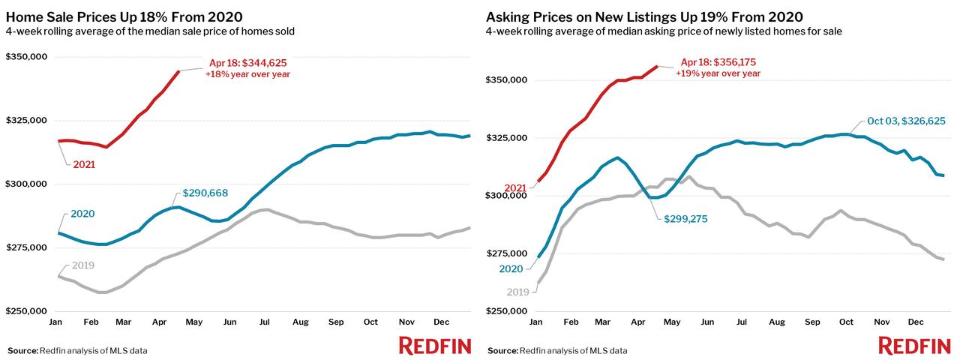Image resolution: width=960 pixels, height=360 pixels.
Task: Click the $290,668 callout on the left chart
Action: coord(205,193)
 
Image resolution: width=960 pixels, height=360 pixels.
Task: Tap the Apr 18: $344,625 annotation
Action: coord(247,63)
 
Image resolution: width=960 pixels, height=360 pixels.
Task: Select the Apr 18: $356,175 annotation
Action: coord(718,62)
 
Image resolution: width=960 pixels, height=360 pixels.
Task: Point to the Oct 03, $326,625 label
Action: coord(906,121)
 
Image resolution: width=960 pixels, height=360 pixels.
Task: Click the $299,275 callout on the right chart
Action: coord(685,219)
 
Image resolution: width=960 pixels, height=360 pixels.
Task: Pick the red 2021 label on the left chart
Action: coord(84,164)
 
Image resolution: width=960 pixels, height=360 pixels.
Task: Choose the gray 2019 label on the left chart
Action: coord(82,265)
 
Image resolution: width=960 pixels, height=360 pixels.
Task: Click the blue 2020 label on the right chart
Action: coord(511,268)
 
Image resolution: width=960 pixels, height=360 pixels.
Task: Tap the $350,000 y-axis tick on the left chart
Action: coord(26,56)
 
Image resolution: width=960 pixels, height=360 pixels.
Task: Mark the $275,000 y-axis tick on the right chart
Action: coord(506,253)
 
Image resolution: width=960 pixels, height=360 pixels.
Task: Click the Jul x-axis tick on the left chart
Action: coord(265,322)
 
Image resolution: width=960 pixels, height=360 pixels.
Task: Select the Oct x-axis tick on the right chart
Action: coord(846,322)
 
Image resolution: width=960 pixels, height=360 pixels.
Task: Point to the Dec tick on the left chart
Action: coord(442,322)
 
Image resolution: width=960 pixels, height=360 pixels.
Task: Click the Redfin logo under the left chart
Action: coord(435,346)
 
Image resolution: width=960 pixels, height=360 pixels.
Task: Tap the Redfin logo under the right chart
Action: coord(914,346)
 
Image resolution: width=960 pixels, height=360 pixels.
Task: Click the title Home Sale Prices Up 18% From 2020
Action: coord(124,17)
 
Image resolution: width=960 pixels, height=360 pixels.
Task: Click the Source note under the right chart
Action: coord(557,350)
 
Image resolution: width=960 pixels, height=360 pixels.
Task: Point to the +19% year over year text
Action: coord(718,73)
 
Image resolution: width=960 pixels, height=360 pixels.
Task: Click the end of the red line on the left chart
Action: coord(179,71)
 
